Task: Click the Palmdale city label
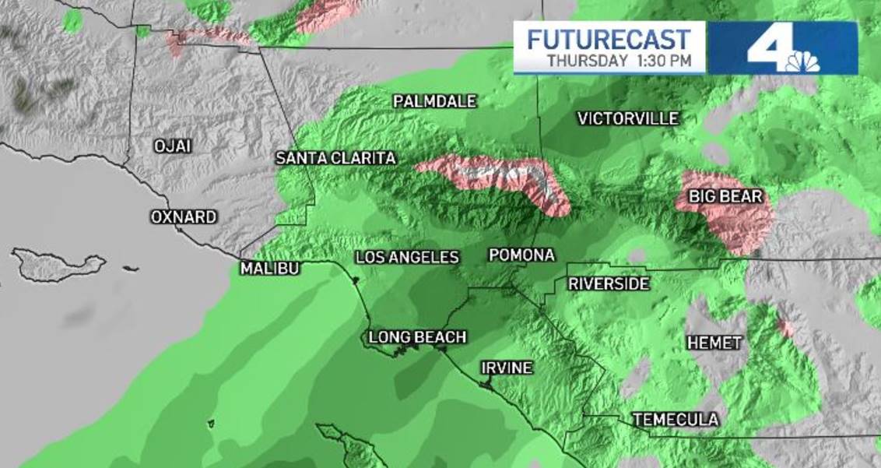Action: click(x=434, y=101)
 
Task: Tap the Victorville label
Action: click(x=628, y=119)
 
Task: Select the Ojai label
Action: click(x=172, y=146)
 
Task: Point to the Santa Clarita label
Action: click(x=336, y=158)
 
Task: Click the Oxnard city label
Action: click(x=184, y=217)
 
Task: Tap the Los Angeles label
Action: click(x=407, y=258)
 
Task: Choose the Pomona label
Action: click(x=521, y=255)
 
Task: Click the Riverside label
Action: click(x=608, y=284)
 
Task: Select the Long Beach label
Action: click(x=417, y=337)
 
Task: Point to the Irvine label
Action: click(x=506, y=368)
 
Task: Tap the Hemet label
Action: click(x=714, y=342)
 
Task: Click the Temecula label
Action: click(x=676, y=420)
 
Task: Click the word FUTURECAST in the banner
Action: click(x=609, y=39)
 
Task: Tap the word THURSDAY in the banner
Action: click(x=588, y=61)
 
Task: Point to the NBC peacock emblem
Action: click(x=806, y=62)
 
